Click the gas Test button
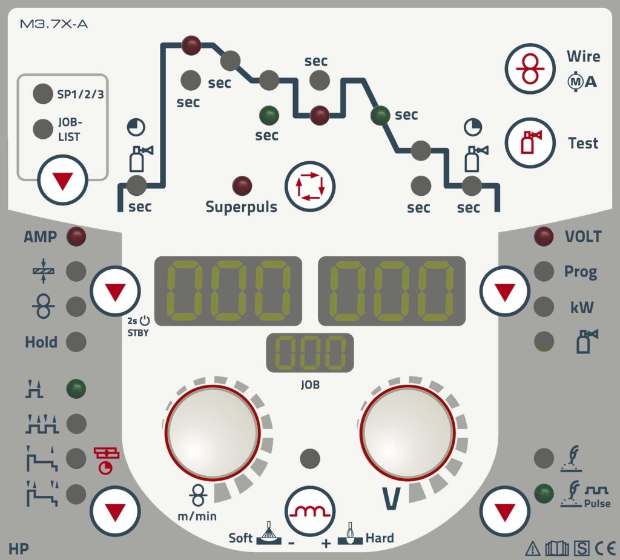(x=530, y=142)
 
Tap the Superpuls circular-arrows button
(x=310, y=186)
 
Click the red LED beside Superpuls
(x=242, y=185)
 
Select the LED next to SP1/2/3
(x=43, y=94)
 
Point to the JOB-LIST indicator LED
(x=43, y=129)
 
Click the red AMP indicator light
(x=76, y=236)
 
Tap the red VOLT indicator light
(x=544, y=236)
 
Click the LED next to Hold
(x=76, y=342)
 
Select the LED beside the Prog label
(x=544, y=272)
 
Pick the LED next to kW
(x=544, y=307)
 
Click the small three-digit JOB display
(x=310, y=353)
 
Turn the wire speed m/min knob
(x=213, y=433)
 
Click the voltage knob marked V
(x=407, y=433)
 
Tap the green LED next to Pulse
(x=544, y=493)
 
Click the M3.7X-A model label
(x=54, y=24)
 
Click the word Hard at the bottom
(x=380, y=538)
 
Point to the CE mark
(x=605, y=548)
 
